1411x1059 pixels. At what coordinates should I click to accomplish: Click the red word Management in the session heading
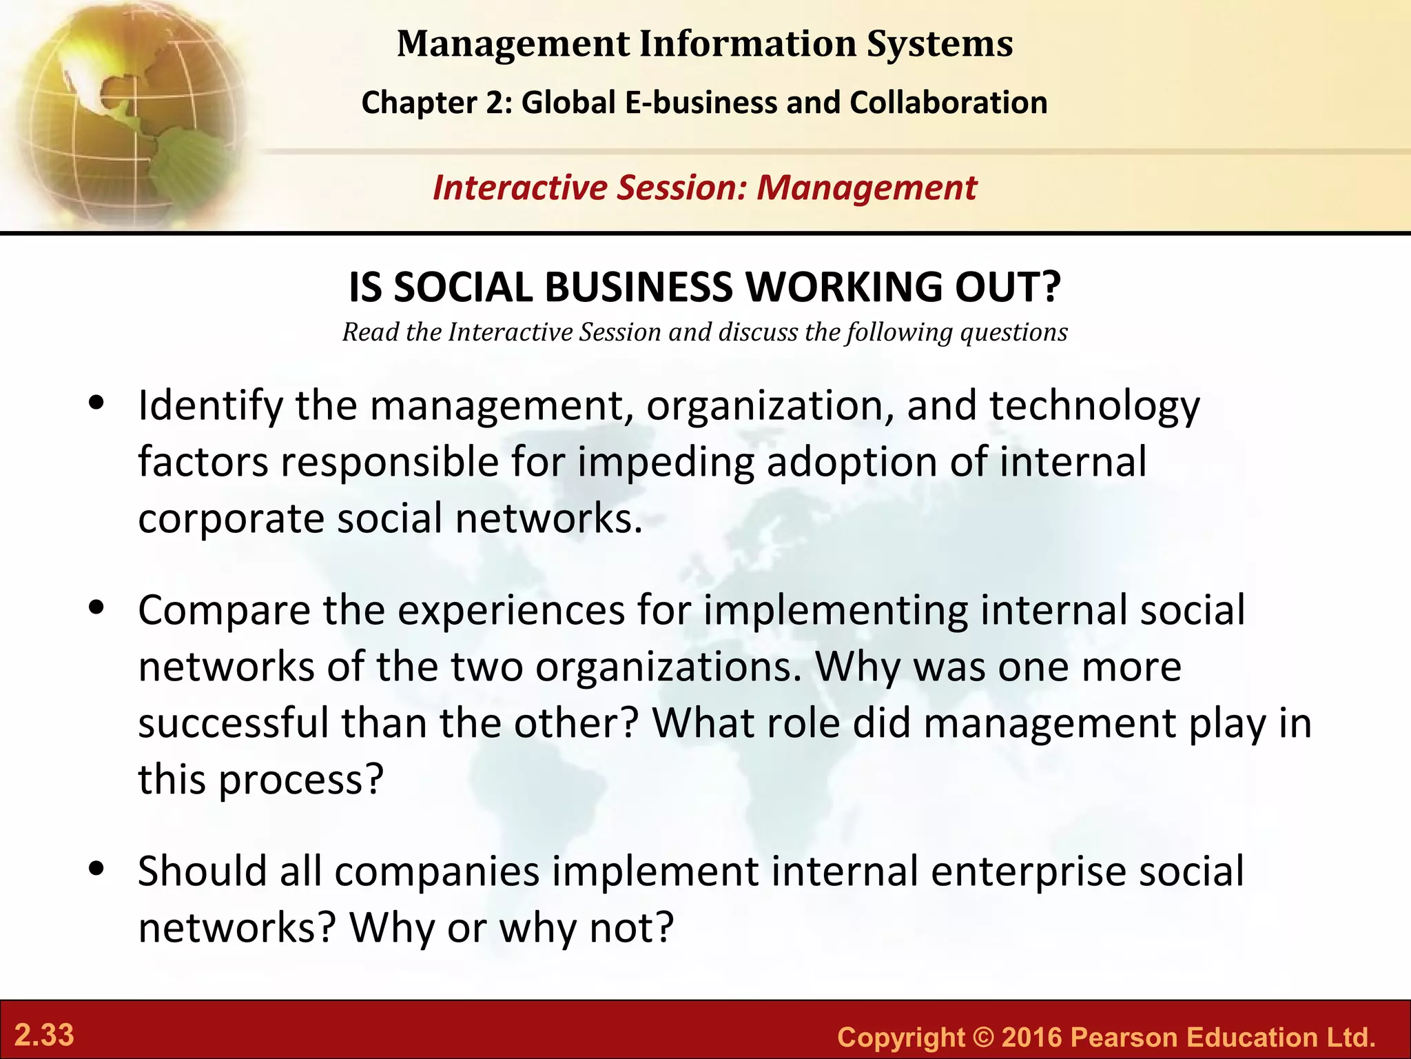pyautogui.click(x=866, y=188)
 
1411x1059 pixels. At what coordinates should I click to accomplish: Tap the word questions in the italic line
pyautogui.click(x=1013, y=333)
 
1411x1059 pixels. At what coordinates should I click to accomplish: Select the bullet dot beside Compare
pyautogui.click(x=96, y=608)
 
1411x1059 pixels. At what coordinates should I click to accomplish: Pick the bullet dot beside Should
pyautogui.click(x=96, y=869)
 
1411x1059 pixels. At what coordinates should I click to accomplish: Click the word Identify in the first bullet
pyautogui.click(x=210, y=407)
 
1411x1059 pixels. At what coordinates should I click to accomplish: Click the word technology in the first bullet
pyautogui.click(x=1095, y=407)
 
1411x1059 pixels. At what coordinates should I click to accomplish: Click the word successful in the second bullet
pyautogui.click(x=233, y=724)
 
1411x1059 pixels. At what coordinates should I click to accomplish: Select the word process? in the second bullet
pyautogui.click(x=300, y=780)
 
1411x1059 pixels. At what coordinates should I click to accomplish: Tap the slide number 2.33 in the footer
pyautogui.click(x=45, y=1036)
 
